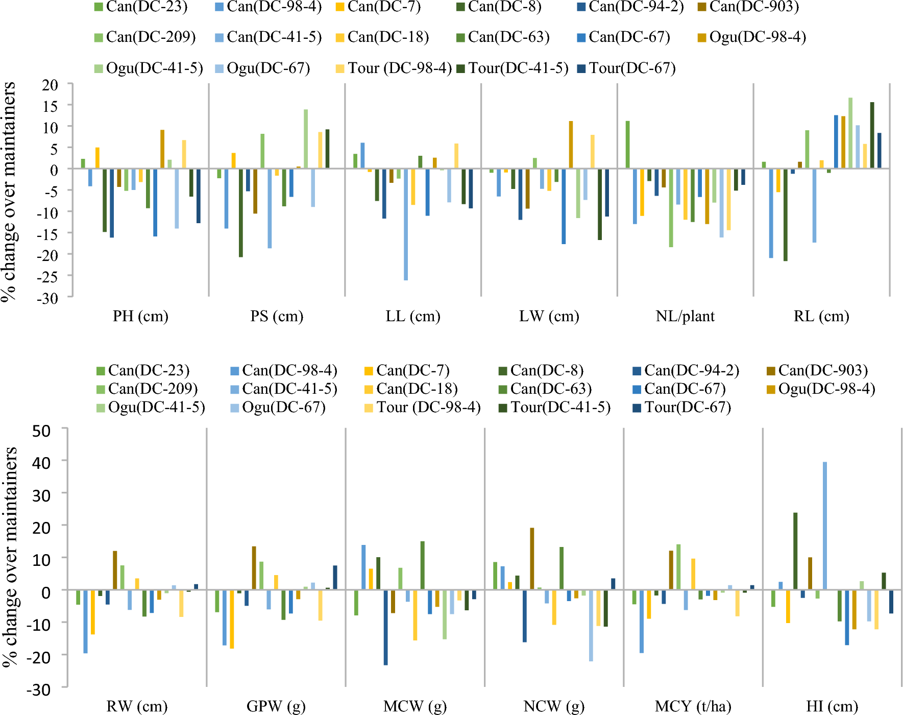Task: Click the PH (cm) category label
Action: (x=140, y=316)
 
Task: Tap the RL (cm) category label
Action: (x=821, y=316)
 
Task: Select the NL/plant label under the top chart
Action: (x=685, y=316)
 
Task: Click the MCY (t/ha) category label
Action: (x=693, y=706)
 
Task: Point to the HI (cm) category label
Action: (x=832, y=706)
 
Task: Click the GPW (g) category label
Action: (x=276, y=706)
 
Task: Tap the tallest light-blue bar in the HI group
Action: (x=825, y=526)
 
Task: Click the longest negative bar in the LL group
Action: (x=406, y=225)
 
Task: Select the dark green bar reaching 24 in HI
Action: (x=795, y=552)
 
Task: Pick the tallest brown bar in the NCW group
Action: (x=532, y=559)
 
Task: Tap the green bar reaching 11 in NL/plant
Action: (x=627, y=145)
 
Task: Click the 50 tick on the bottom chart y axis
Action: (x=41, y=431)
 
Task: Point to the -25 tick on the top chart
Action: (x=46, y=276)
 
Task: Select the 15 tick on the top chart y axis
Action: (x=50, y=106)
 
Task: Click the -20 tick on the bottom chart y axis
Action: (x=39, y=657)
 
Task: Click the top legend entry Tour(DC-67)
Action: (x=631, y=68)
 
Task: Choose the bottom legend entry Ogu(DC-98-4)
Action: (x=826, y=389)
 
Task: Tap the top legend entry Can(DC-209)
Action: (x=151, y=37)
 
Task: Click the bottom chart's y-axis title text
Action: (x=10, y=557)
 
